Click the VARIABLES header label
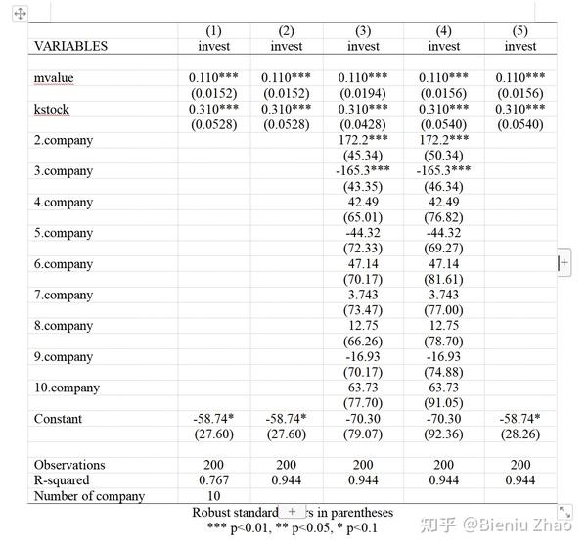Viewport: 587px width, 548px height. pos(71,46)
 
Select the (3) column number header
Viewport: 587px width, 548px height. pos(363,30)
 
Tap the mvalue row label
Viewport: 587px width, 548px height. pos(55,77)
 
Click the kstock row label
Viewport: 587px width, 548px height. pos(53,109)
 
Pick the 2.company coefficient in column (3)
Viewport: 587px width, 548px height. pos(363,140)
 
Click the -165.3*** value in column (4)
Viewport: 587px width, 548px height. pos(443,170)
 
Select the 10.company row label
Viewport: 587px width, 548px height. pos(67,388)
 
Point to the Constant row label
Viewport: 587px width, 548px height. pos(59,419)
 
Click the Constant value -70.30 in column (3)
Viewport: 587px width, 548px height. pos(363,419)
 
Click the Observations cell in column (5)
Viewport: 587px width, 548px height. pos(520,465)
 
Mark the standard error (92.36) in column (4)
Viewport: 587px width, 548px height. pos(443,434)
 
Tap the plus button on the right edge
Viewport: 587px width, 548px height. pos(564,262)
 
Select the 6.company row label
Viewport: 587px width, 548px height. pos(64,264)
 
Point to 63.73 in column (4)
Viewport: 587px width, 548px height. pos(443,388)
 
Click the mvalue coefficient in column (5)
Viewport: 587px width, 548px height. pos(520,77)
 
